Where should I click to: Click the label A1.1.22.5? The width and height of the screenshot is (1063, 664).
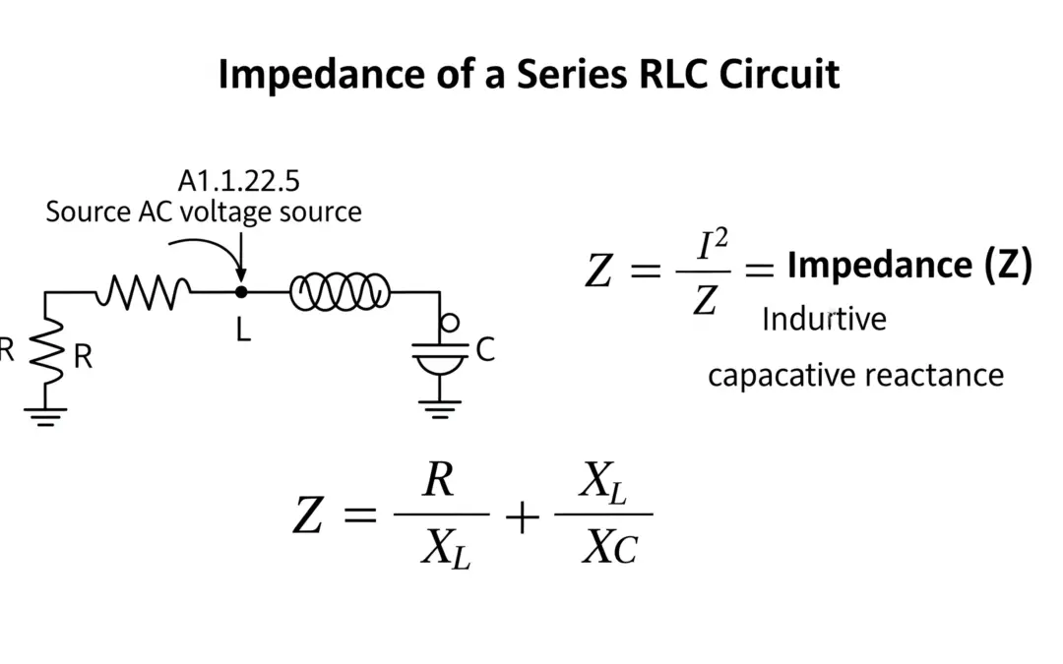click(239, 181)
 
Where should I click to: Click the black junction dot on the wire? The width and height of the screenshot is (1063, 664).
click(241, 292)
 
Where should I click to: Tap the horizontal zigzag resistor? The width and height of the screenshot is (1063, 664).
click(143, 291)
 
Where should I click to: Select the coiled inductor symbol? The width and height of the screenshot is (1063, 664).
click(340, 292)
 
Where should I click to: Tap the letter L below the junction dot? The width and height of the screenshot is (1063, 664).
click(243, 331)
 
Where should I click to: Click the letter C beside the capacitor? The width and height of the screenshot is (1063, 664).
click(485, 350)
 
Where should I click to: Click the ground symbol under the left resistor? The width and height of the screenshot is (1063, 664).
click(45, 414)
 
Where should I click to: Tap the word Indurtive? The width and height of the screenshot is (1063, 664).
click(824, 320)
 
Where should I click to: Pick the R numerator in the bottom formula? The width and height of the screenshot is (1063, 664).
click(438, 482)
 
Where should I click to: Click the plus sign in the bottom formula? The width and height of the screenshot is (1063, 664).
click(522, 516)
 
